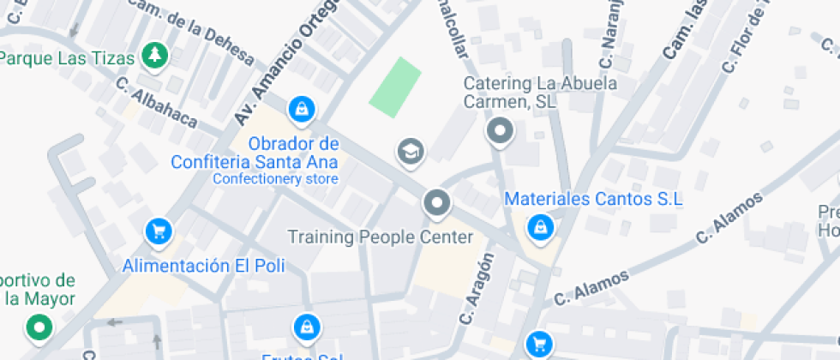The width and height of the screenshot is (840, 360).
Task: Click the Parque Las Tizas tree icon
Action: (x=155, y=55)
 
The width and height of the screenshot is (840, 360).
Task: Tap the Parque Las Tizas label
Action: (x=67, y=59)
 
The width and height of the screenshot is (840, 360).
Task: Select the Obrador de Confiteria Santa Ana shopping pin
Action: (x=302, y=109)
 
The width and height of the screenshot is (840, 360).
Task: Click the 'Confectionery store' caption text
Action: (x=275, y=179)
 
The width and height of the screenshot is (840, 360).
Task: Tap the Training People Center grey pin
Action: (x=437, y=204)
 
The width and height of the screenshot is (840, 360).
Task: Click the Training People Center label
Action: (x=380, y=237)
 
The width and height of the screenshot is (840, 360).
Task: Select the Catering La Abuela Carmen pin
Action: (x=499, y=132)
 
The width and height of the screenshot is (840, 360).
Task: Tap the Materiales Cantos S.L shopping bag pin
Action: (x=540, y=227)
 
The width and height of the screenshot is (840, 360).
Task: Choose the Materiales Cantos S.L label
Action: (x=593, y=199)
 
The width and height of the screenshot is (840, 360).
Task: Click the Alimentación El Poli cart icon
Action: (x=158, y=231)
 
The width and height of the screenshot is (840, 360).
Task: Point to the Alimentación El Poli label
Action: (x=203, y=266)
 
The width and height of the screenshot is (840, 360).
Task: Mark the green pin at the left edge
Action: (x=39, y=327)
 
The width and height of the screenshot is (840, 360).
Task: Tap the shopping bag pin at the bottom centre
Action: (x=305, y=327)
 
